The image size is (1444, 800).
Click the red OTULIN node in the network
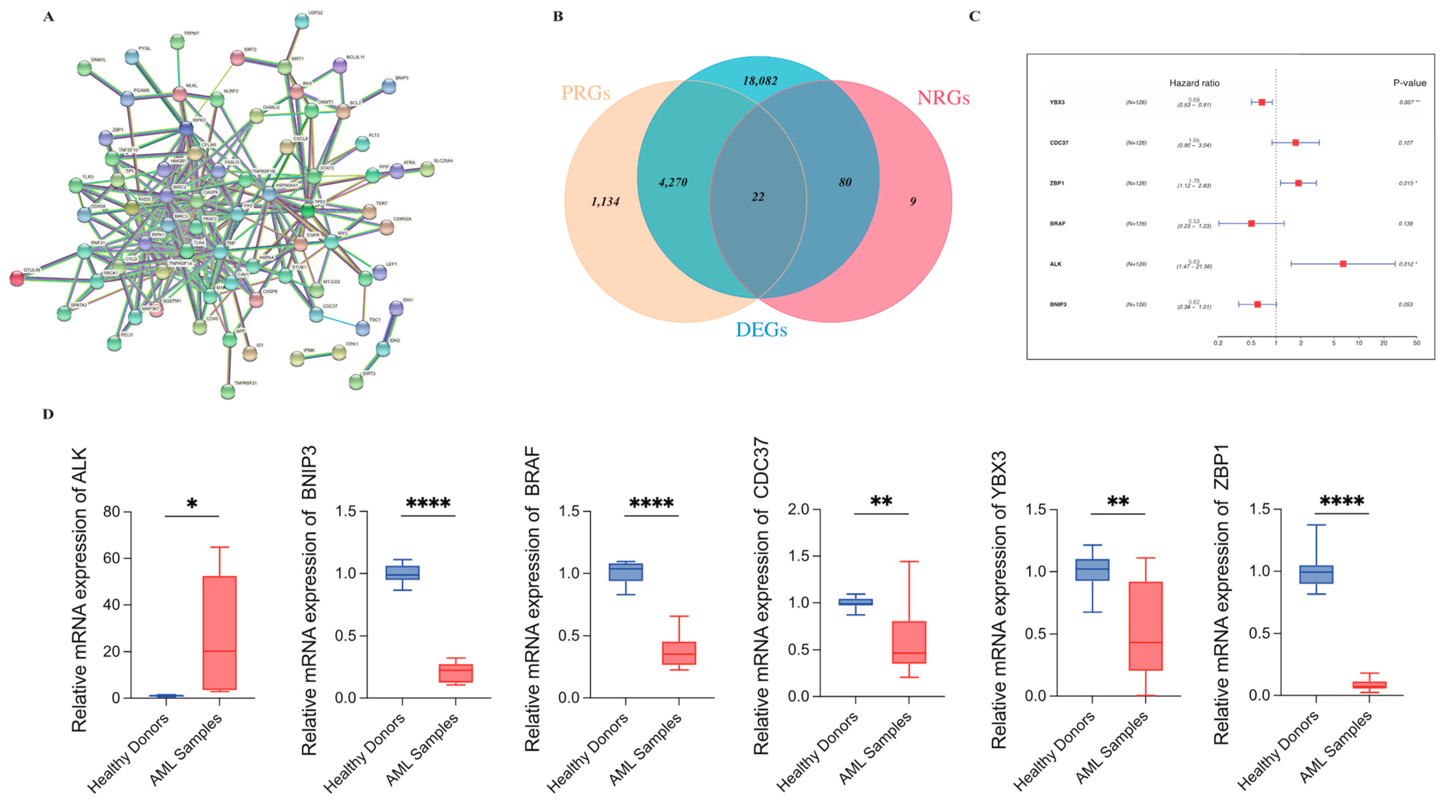[17, 278]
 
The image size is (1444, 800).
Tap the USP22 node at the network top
[301, 21]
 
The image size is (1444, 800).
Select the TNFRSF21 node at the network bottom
[228, 391]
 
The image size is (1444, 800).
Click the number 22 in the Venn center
[758, 197]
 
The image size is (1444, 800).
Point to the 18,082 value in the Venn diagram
[760, 81]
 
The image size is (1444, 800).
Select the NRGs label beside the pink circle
[943, 98]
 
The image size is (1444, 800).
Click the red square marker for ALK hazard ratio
[1343, 264]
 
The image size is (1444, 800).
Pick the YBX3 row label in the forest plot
[1057, 103]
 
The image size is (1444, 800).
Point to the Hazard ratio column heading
[1194, 83]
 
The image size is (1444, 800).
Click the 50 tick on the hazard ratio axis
[1417, 343]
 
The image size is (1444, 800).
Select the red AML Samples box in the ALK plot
[219, 633]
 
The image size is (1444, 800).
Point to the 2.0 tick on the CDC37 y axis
[799, 509]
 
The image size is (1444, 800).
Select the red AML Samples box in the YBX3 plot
[1145, 626]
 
